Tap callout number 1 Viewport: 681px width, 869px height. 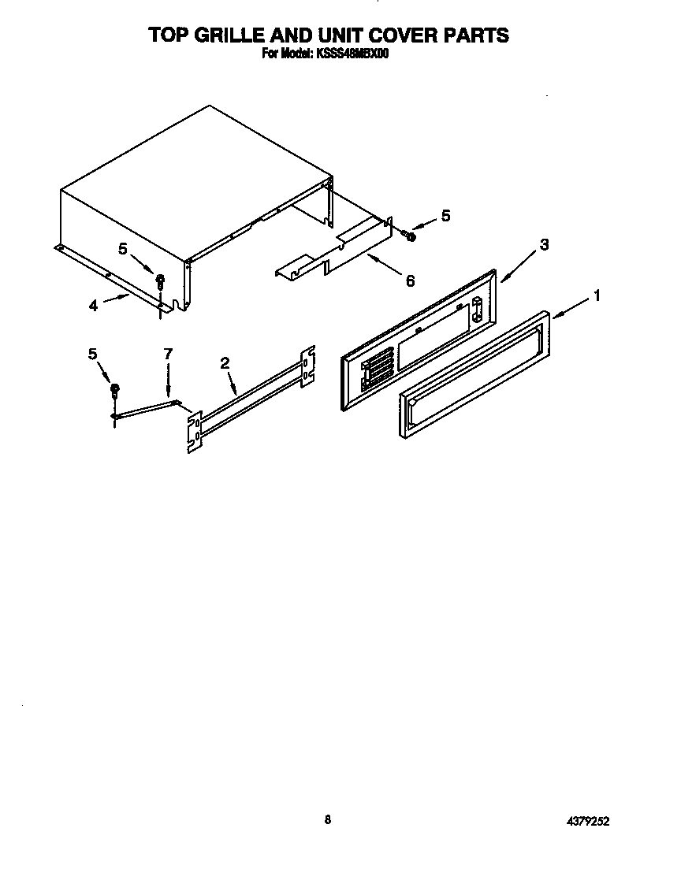[x=597, y=295]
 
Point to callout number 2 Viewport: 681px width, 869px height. [x=225, y=363]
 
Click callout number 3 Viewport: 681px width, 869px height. [x=544, y=245]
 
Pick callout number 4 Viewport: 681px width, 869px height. [x=93, y=306]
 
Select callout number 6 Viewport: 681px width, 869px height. [x=409, y=280]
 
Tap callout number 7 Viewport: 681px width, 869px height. [x=167, y=355]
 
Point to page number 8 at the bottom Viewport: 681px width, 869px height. [x=327, y=819]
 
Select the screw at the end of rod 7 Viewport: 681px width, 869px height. [x=115, y=388]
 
